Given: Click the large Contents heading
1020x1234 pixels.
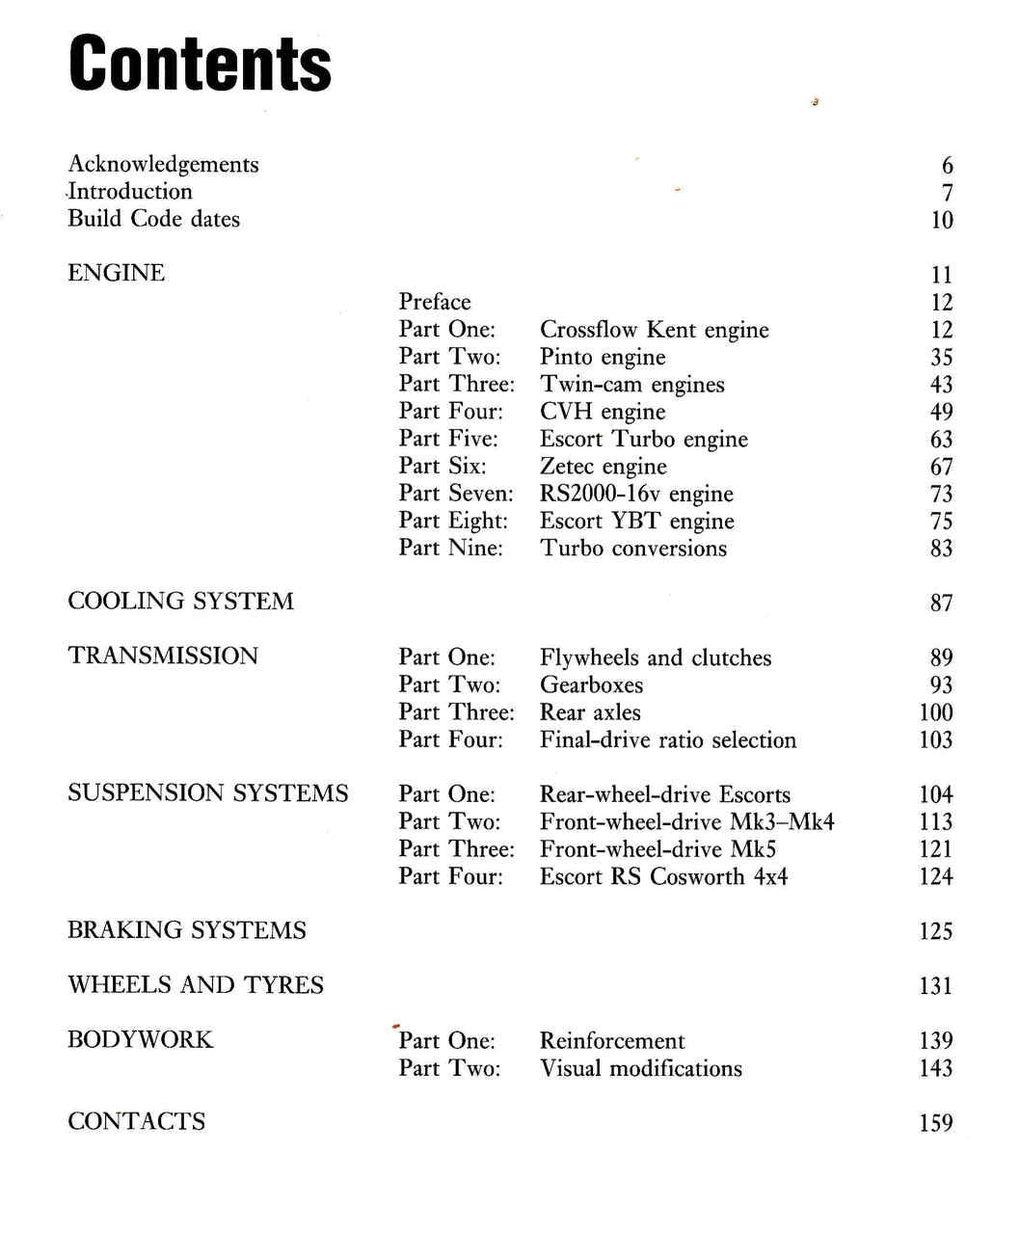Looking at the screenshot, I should pyautogui.click(x=200, y=64).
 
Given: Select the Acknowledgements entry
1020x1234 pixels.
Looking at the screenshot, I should pyautogui.click(x=163, y=165).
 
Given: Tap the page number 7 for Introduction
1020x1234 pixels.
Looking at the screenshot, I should pyautogui.click(x=947, y=193).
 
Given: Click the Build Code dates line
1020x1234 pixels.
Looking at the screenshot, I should pyautogui.click(x=153, y=219).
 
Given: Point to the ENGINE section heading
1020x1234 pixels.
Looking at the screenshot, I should pyautogui.click(x=116, y=273).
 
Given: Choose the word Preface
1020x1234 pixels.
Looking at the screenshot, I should pyautogui.click(x=435, y=302).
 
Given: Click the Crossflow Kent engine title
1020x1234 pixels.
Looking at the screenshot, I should pyautogui.click(x=654, y=330).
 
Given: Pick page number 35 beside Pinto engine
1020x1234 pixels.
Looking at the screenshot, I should pyautogui.click(x=941, y=358).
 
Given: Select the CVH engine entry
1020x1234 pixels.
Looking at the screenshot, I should pyautogui.click(x=602, y=412).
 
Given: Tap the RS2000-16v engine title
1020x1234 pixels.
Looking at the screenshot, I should pyautogui.click(x=636, y=494).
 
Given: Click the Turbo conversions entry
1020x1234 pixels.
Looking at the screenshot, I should pyautogui.click(x=632, y=549).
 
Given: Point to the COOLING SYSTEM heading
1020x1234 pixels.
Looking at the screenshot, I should pyautogui.click(x=180, y=602).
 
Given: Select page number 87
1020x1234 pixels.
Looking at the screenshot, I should pyautogui.click(x=941, y=604).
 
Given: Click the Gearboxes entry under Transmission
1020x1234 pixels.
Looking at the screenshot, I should pyautogui.click(x=591, y=685).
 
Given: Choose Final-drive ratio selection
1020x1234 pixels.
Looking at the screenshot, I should pyautogui.click(x=667, y=740).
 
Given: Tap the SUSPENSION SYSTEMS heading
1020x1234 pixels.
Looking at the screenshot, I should pyautogui.click(x=207, y=793).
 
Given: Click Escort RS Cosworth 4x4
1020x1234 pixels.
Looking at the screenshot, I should pyautogui.click(x=663, y=876).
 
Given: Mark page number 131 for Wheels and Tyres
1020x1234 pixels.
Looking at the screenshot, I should pyautogui.click(x=935, y=986).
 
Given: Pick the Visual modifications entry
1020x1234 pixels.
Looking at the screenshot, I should pyautogui.click(x=640, y=1068).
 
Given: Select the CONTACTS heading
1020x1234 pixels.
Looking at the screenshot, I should pyautogui.click(x=136, y=1121).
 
